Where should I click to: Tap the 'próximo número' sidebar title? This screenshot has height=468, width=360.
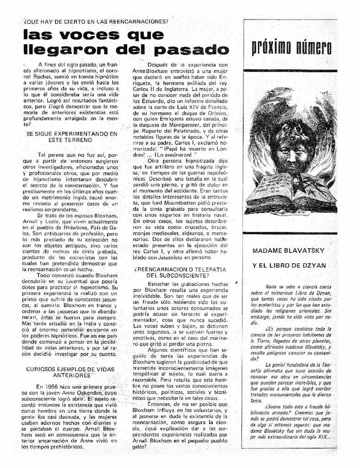click(291, 47)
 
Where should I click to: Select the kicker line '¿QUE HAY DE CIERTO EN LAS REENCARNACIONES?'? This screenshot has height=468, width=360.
click(96, 21)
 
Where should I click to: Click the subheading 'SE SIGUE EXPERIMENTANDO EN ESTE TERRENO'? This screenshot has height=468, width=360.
click(72, 137)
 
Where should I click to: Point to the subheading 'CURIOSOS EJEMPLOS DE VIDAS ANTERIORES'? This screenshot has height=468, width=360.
click(70, 372)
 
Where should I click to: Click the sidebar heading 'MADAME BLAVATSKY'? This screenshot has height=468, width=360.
click(288, 251)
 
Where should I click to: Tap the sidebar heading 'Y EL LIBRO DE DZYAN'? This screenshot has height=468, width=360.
click(289, 266)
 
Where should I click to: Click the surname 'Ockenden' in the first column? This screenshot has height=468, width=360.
click(86, 393)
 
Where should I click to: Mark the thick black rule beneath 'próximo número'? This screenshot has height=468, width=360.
click(290, 71)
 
